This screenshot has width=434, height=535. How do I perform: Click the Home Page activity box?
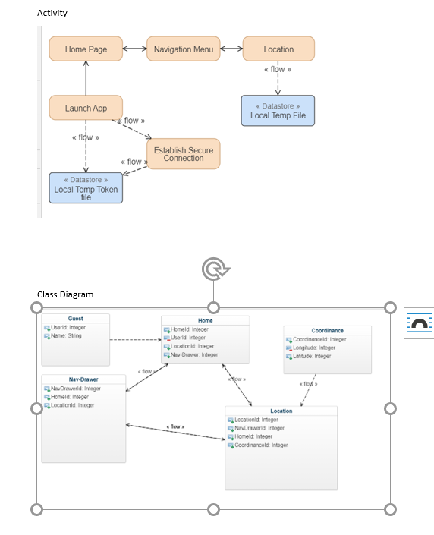[86, 49]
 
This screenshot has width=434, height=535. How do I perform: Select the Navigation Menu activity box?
[183, 49]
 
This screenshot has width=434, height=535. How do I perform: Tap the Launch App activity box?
[86, 108]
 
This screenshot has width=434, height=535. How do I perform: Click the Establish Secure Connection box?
[183, 154]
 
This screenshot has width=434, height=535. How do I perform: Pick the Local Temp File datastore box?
[278, 111]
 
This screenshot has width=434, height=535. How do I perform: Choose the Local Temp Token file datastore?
[86, 187]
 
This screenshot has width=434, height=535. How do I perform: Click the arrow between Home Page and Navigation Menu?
[134, 49]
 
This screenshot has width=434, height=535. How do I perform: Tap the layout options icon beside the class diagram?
[419, 323]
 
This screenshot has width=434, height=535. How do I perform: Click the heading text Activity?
[52, 13]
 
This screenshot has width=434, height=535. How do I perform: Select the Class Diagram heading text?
[65, 294]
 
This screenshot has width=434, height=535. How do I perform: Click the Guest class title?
[76, 319]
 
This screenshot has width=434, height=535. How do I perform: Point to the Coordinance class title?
[327, 331]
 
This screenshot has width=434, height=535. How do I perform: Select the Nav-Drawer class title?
[83, 379]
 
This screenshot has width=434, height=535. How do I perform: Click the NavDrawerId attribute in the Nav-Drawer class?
[74, 389]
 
